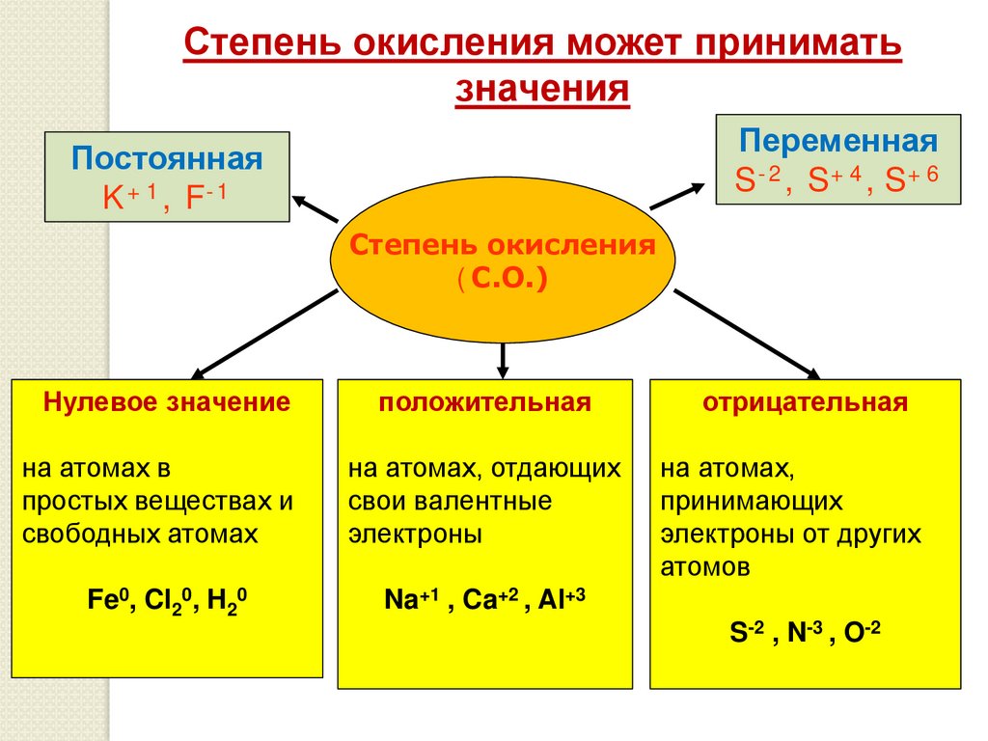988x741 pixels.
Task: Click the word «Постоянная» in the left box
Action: coord(168,157)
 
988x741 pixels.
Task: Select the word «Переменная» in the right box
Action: coord(838,141)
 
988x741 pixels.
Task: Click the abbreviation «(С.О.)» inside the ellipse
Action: coord(502,280)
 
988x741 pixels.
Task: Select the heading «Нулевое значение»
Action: coord(167,402)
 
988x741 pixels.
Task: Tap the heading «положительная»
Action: coord(484,402)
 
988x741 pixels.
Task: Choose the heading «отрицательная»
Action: coord(806,402)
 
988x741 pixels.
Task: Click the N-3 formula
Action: coord(804,632)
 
